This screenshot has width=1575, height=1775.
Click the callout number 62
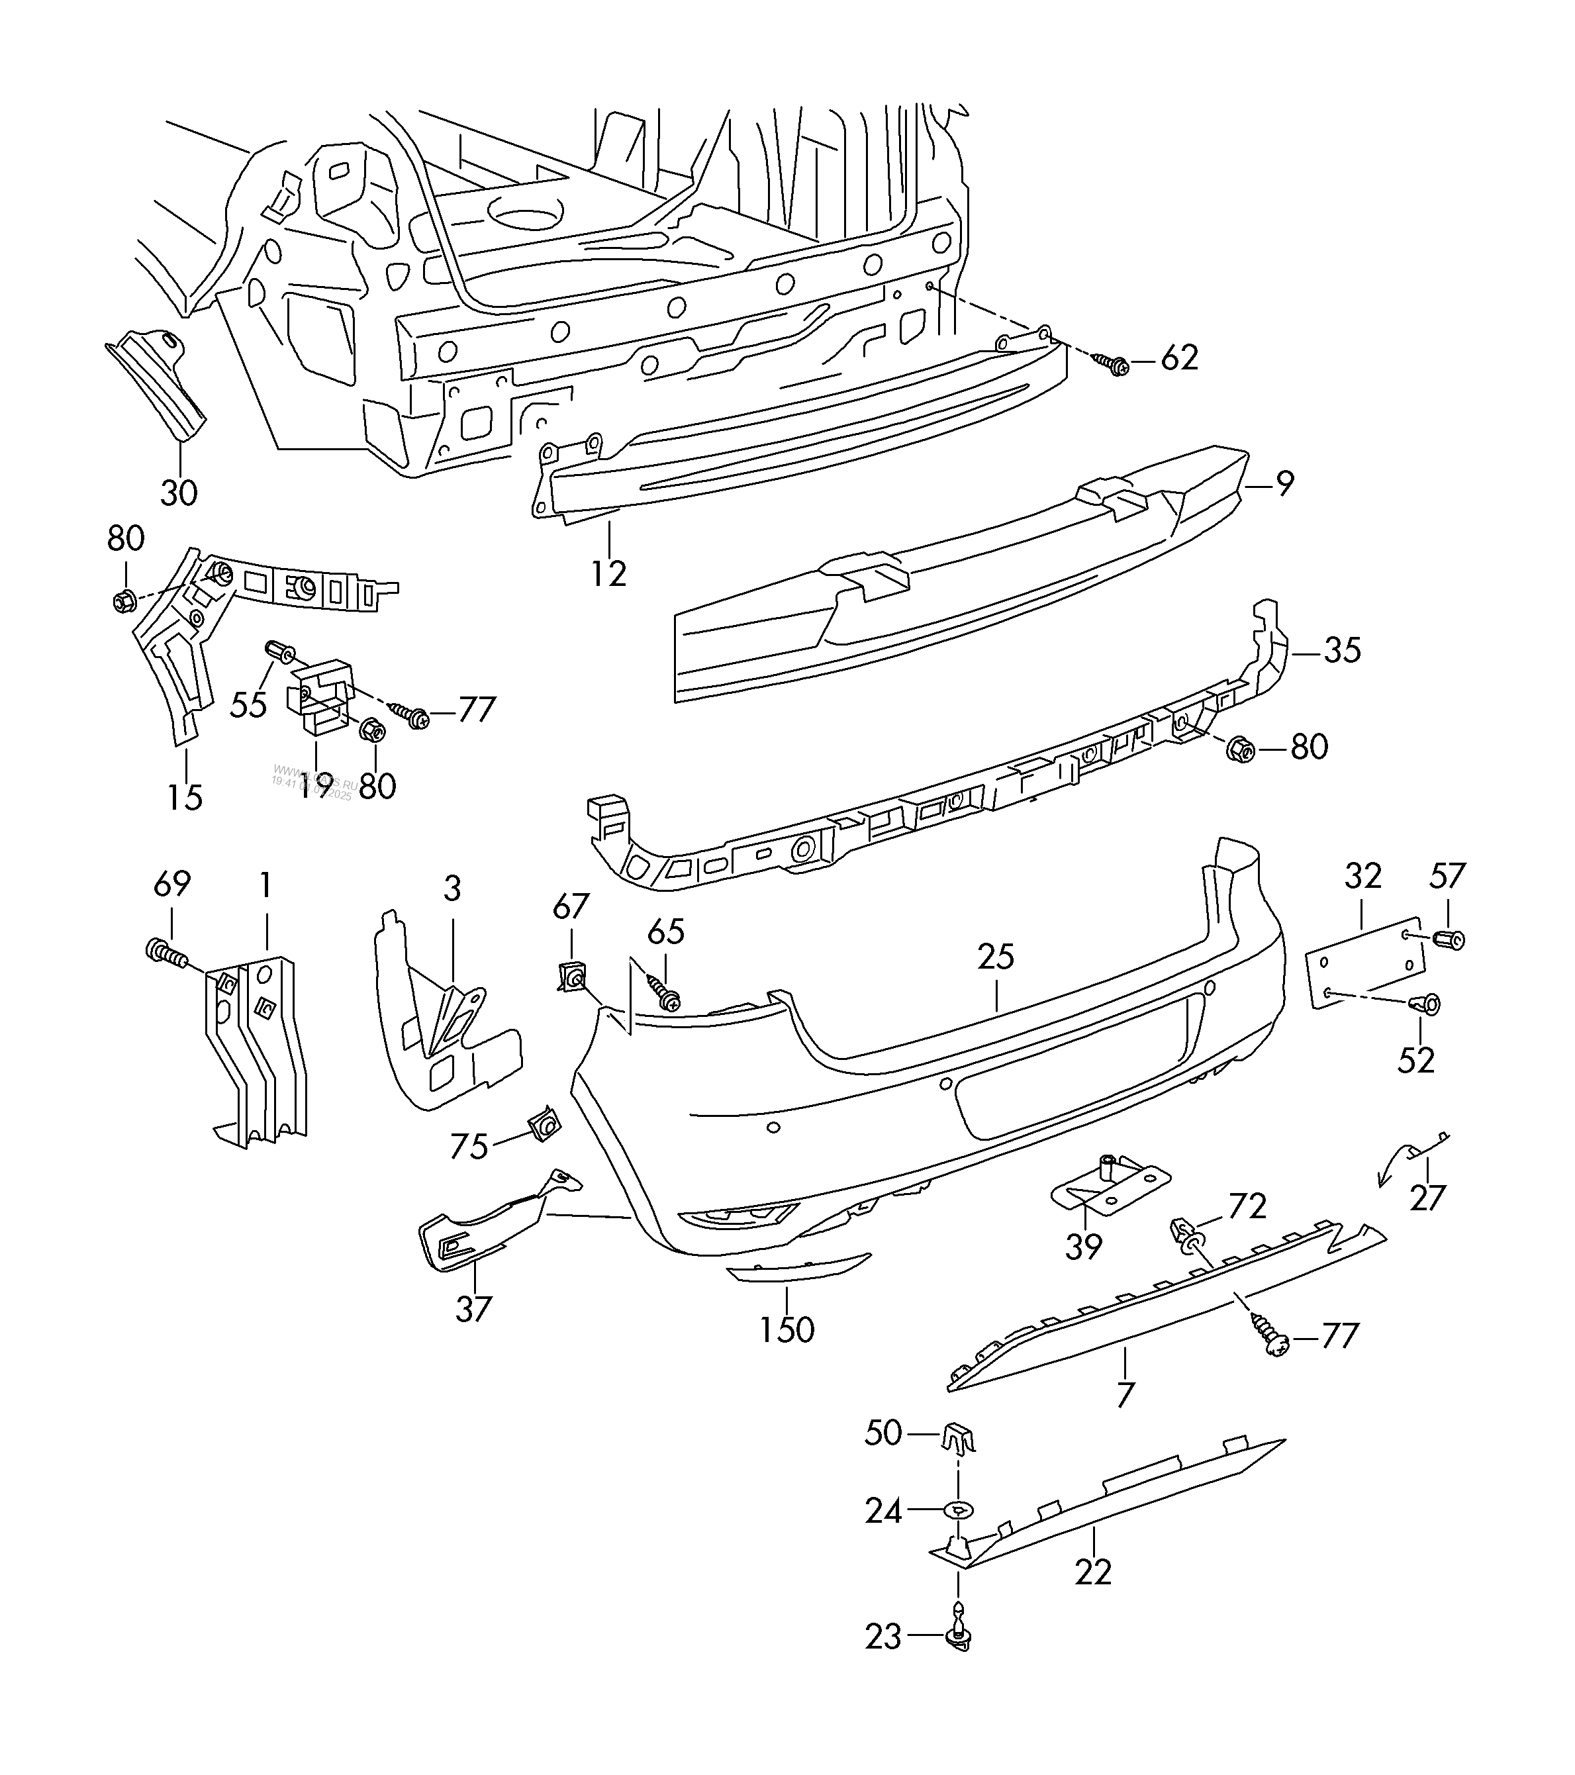(x=1178, y=358)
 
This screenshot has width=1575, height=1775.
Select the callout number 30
(x=179, y=493)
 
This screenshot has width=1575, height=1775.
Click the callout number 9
(x=1285, y=483)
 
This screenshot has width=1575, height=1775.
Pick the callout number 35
(x=1341, y=649)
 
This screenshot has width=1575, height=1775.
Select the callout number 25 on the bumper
(x=995, y=957)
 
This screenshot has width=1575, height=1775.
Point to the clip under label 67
(x=571, y=978)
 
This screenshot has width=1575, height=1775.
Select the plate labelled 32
(x=1366, y=963)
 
